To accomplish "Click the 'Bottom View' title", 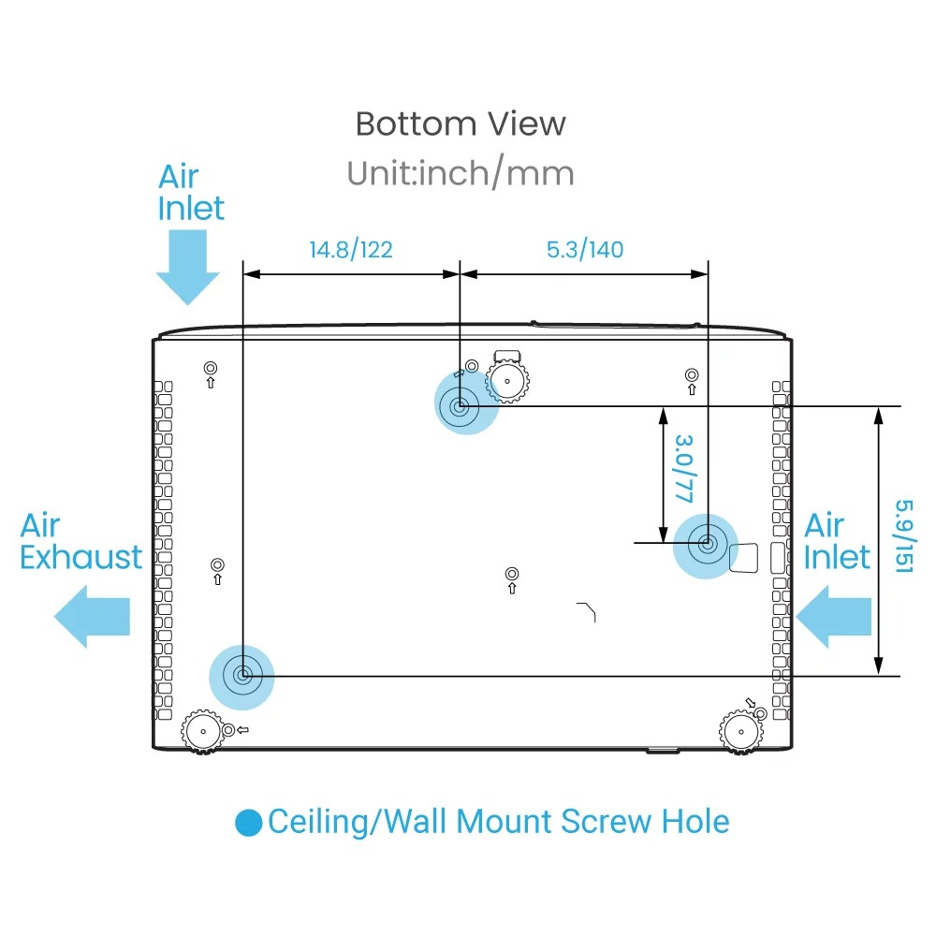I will point(461,124).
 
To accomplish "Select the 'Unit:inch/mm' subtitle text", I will point(461,173).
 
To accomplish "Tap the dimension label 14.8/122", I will point(351,249).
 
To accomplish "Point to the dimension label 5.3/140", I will point(584,249).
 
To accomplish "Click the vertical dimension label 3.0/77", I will point(684,468).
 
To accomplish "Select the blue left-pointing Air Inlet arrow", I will point(837,616).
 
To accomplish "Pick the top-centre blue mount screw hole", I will point(461,406).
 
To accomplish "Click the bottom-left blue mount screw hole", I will point(242,674).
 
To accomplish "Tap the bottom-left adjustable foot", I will point(202,730).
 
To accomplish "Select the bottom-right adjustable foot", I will point(739,730).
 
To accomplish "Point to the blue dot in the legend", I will point(249,823).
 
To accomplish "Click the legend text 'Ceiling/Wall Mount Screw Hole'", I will point(498,822).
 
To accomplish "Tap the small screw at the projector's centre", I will point(511,574).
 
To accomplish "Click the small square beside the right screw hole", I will point(745,558).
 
